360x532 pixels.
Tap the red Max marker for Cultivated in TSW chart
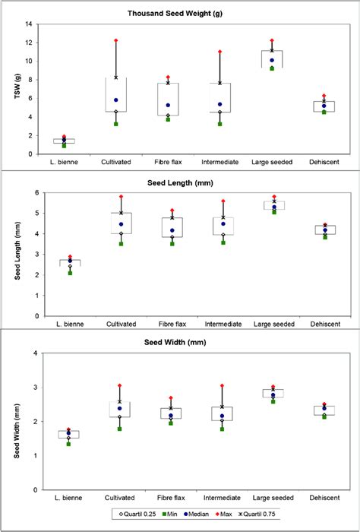pos(116,40)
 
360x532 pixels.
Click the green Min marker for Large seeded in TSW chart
pos(272,68)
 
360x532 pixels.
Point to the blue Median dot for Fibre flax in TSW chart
pos(168,106)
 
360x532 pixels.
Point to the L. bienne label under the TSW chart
pos(65,163)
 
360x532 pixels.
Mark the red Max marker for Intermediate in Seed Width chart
pos(220,386)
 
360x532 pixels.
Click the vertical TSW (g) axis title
pos(9,89)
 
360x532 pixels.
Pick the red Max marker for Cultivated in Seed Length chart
pos(116,197)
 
